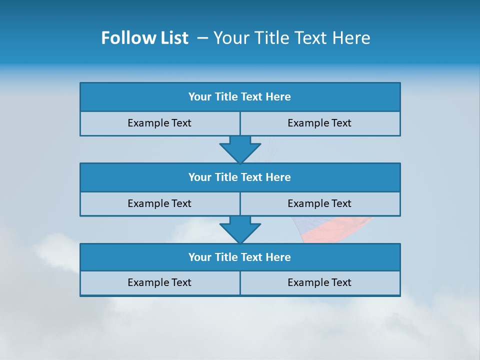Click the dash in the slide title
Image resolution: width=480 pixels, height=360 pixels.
tap(202, 38)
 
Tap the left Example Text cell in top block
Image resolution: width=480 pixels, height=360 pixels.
tap(159, 123)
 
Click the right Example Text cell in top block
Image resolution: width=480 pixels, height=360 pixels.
tap(319, 123)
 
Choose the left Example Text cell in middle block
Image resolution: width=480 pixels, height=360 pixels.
tap(159, 204)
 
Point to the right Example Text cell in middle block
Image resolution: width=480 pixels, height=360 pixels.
tap(319, 204)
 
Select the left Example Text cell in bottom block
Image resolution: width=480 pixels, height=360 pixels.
tap(159, 283)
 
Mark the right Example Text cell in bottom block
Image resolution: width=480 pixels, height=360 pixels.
tap(319, 283)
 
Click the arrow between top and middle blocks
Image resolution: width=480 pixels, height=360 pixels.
tap(240, 149)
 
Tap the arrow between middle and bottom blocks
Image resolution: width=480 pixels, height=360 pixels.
tap(240, 229)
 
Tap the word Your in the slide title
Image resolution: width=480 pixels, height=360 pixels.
tap(230, 38)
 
